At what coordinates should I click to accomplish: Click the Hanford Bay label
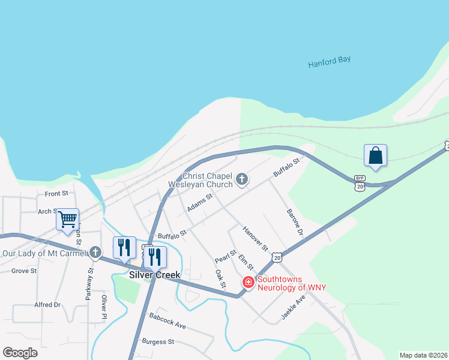point(329,61)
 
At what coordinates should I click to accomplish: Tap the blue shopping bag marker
point(375,156)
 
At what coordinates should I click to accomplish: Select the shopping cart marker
point(68,219)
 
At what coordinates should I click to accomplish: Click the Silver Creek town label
point(155,275)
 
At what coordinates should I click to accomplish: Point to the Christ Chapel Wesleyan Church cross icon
point(241,179)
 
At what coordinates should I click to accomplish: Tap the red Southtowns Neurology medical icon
point(248,281)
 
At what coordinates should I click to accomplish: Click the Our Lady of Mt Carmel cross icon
point(95,253)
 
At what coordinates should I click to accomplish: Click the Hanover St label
point(255,238)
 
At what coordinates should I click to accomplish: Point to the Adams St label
point(200,202)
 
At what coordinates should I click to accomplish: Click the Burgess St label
point(157,341)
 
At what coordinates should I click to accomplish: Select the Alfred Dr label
point(47,305)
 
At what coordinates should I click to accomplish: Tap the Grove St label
point(24,271)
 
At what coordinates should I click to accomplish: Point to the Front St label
point(56,194)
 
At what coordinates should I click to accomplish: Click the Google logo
point(20,353)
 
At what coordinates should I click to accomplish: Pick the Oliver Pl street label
point(104,307)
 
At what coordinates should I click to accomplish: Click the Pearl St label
point(224,256)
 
